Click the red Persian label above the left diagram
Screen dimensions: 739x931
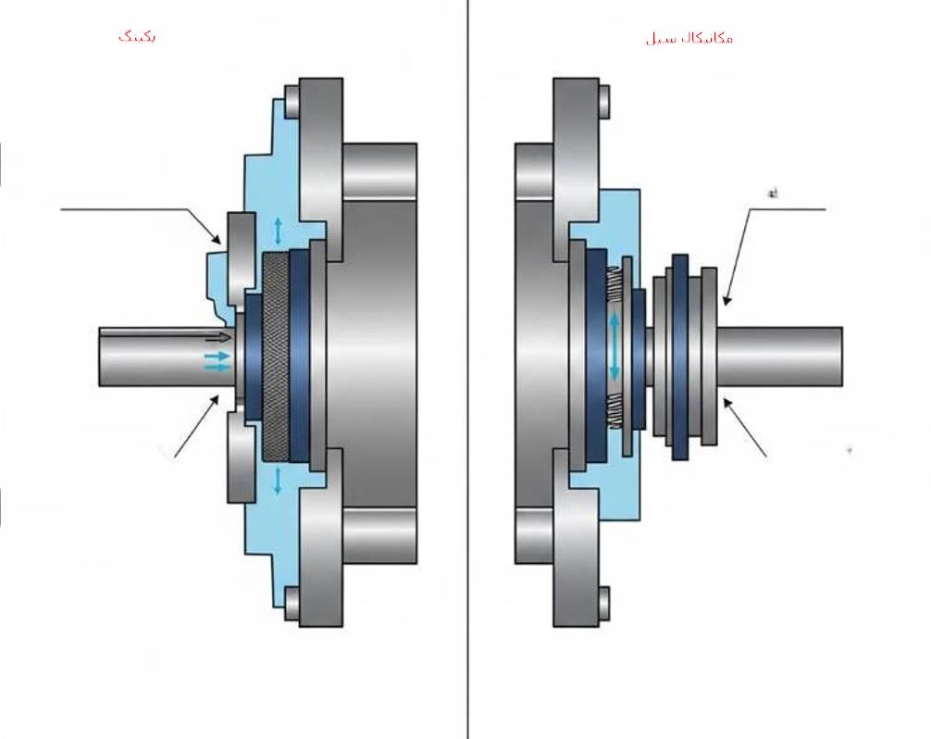click(x=137, y=36)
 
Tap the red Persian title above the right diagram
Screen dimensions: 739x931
click(x=689, y=38)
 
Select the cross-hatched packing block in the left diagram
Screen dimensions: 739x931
click(x=276, y=357)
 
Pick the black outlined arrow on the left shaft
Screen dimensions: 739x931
click(x=219, y=337)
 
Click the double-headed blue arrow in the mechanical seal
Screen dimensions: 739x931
click(x=613, y=347)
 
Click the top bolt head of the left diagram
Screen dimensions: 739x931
click(x=292, y=101)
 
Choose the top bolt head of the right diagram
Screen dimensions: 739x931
click(x=603, y=101)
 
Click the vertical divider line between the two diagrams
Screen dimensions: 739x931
click(x=467, y=370)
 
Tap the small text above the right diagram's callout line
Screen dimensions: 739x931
click(x=771, y=194)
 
